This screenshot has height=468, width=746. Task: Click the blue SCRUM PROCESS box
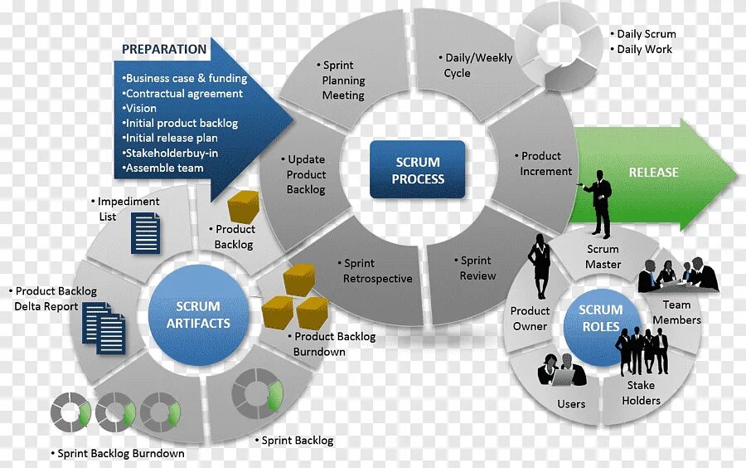pyautogui.click(x=418, y=170)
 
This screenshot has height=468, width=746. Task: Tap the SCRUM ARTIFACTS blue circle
pyautogui.click(x=198, y=314)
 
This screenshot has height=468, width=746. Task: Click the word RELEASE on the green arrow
pyautogui.click(x=653, y=173)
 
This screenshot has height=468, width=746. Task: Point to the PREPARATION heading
pyautogui.click(x=164, y=49)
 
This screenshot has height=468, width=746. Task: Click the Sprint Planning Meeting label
pyautogui.click(x=343, y=80)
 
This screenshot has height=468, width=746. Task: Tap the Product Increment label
pyautogui.click(x=545, y=163)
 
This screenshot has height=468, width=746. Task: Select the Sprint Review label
pyautogui.click(x=477, y=268)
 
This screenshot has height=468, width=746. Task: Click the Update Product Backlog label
pyautogui.click(x=305, y=174)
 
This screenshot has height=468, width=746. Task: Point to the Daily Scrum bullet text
pyautogui.click(x=646, y=34)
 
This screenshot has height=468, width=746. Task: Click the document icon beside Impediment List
pyautogui.click(x=146, y=233)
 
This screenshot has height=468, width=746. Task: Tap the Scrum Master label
pyautogui.click(x=603, y=256)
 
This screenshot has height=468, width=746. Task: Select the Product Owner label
pyautogui.click(x=530, y=319)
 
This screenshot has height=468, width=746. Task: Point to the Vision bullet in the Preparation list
pyautogui.click(x=140, y=108)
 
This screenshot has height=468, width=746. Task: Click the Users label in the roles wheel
pyautogui.click(x=571, y=404)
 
